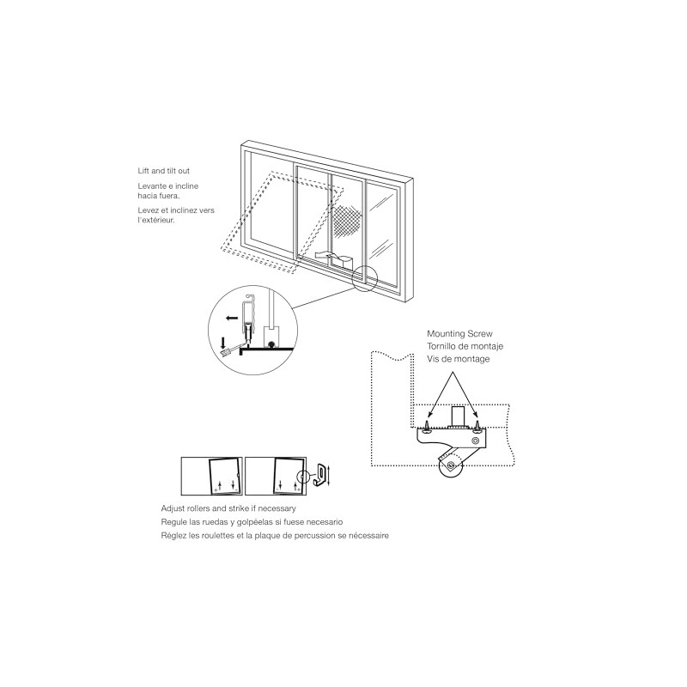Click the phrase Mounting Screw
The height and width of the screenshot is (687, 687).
(460, 332)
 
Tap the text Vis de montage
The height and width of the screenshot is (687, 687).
(459, 358)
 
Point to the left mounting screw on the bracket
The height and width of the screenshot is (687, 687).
(427, 424)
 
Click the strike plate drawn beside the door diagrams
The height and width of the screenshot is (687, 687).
(319, 473)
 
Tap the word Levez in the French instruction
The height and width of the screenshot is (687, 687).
(149, 210)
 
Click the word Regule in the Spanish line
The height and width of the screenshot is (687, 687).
(174, 521)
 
